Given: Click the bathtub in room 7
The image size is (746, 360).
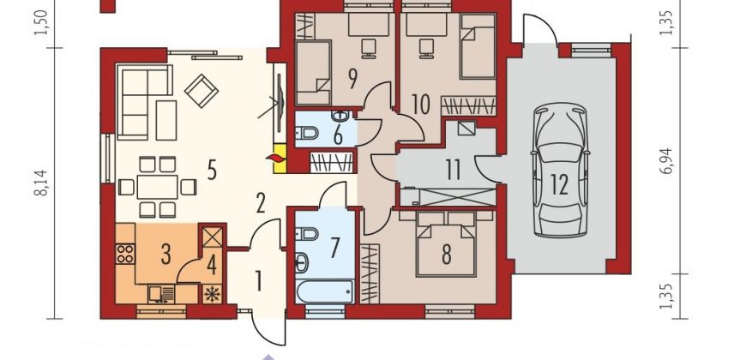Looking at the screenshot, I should point(318,289).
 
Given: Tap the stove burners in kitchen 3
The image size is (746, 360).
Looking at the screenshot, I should point(125,253).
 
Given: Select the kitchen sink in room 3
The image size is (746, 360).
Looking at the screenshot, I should point(162,294).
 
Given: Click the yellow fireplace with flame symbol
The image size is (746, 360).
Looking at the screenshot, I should point(278,159).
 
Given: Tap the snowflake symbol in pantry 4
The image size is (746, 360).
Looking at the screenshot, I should point(212,292).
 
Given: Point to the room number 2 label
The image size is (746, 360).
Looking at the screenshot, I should point(260,204).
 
